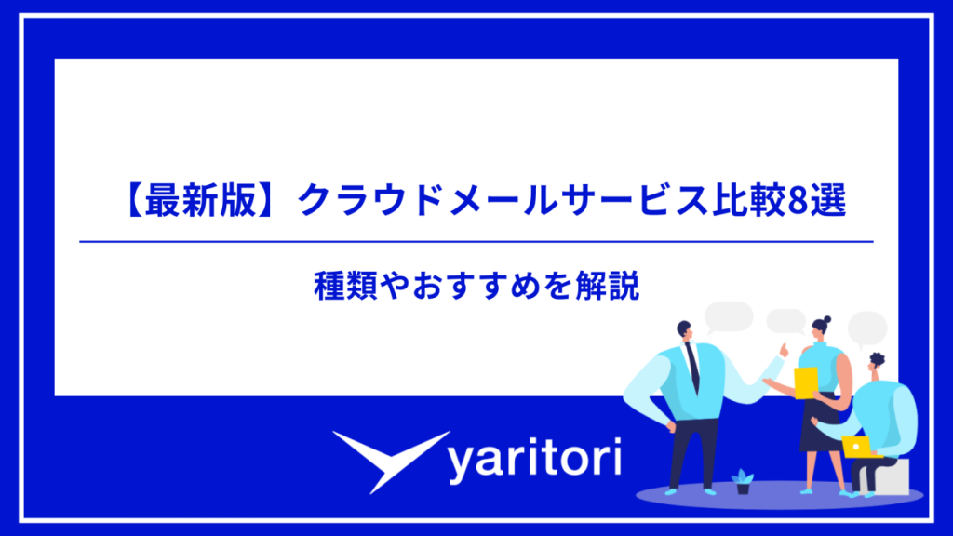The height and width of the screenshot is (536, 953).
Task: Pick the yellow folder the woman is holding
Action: coord(806,382)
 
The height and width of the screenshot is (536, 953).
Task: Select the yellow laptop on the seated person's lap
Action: coord(861,447)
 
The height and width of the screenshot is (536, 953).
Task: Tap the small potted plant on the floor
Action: coord(742,480)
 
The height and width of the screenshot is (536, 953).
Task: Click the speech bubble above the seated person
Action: coord(866,327)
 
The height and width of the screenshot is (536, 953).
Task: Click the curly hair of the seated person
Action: coord(876,359)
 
